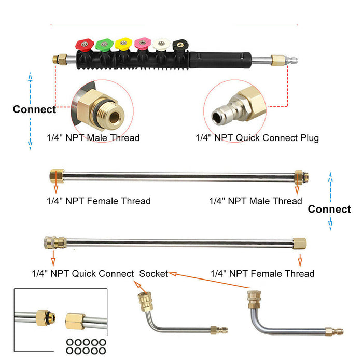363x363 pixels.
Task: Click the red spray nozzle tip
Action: [83, 44]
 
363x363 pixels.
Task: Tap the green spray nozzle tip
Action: [104, 44]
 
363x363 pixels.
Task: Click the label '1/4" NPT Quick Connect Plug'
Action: [257, 138]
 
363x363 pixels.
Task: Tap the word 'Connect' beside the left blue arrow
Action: [34, 109]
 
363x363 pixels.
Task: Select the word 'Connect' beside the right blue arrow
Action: [329, 209]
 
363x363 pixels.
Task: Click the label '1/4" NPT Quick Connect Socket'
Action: [100, 273]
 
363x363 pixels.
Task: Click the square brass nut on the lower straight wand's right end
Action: [300, 243]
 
